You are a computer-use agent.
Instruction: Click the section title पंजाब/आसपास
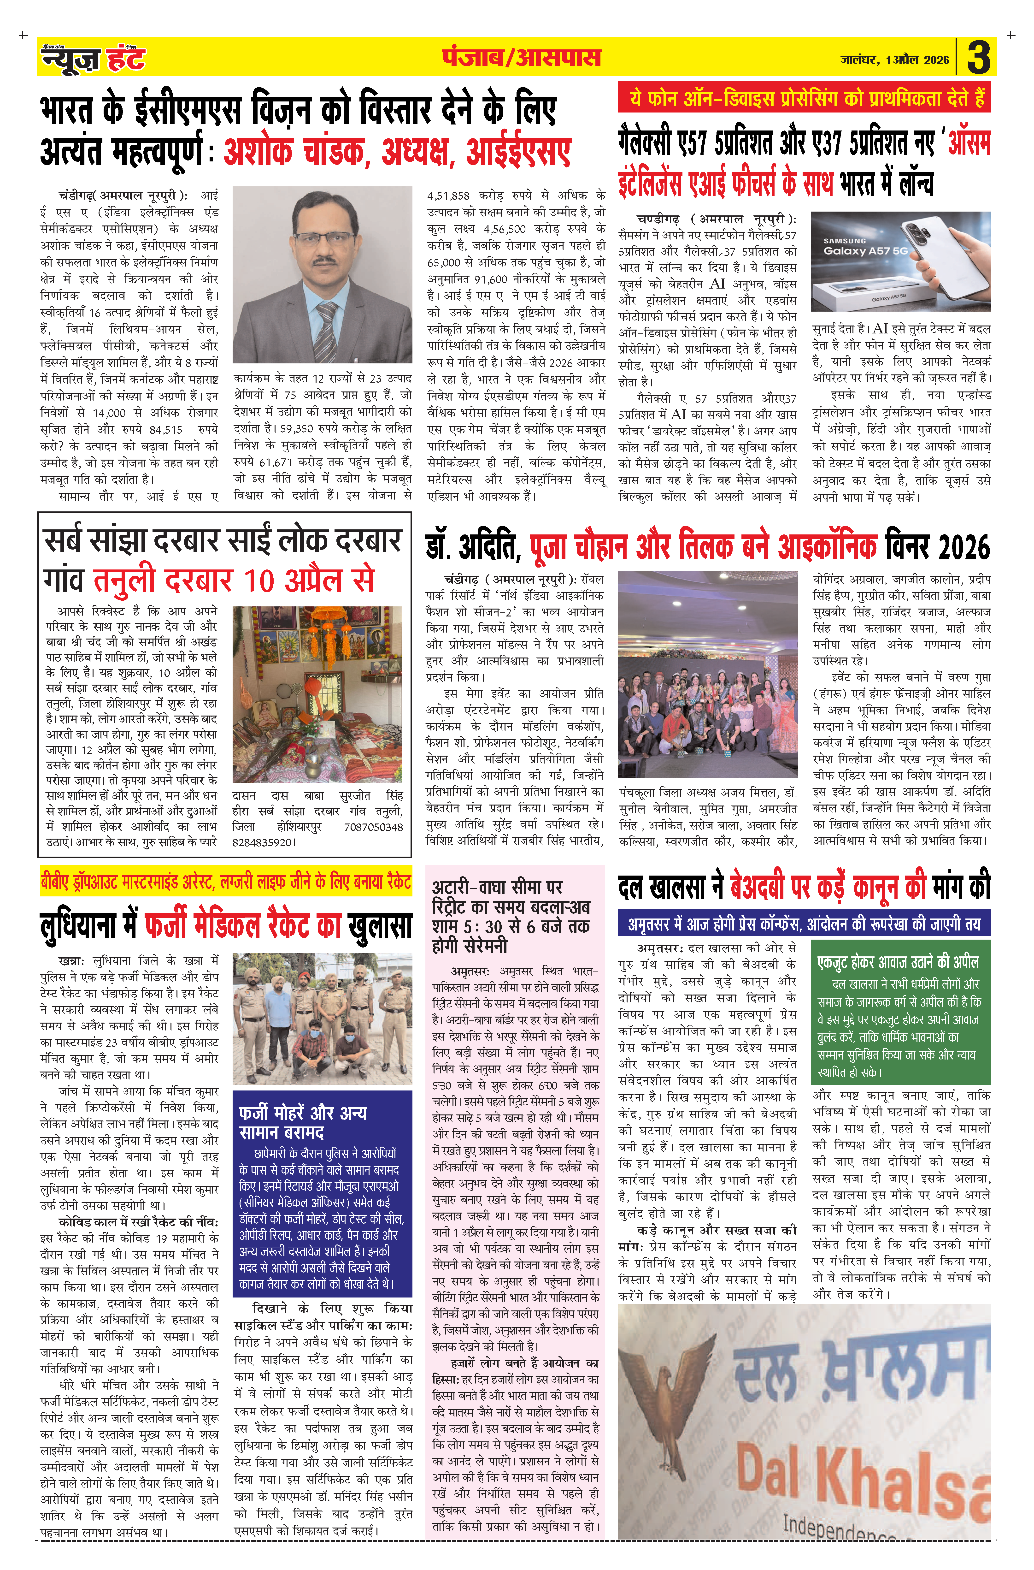pos(521,58)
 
